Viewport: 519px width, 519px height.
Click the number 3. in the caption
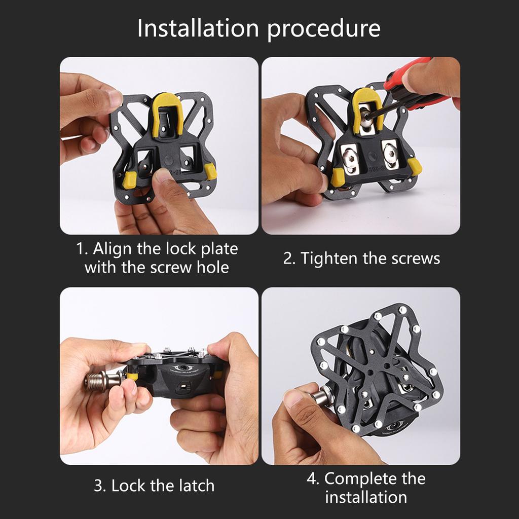click(100, 486)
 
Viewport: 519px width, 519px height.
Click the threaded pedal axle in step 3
click(96, 380)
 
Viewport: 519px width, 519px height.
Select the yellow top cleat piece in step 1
click(167, 114)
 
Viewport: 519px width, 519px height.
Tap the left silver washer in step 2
click(349, 159)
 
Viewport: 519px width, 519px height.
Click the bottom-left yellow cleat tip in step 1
click(130, 179)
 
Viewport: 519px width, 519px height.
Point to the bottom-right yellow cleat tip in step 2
click(415, 166)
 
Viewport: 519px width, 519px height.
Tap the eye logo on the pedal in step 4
click(393, 424)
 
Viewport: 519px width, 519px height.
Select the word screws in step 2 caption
click(416, 258)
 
